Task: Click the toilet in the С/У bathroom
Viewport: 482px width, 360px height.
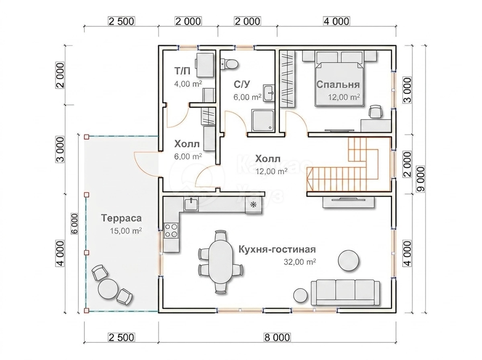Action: coord(229,64)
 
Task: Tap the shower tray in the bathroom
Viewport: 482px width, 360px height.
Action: coord(263,121)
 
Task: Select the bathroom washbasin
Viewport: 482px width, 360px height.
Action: coord(269,93)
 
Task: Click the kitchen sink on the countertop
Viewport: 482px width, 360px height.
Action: coord(191,204)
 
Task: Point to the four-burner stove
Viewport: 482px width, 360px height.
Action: coord(171,231)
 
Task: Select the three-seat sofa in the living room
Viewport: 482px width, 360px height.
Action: coord(345,292)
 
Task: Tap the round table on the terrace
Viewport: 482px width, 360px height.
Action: coord(108,288)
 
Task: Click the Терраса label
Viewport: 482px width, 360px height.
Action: coord(121,218)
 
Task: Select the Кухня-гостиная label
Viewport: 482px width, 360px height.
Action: coord(277,250)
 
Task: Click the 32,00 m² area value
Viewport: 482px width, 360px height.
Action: coord(300,262)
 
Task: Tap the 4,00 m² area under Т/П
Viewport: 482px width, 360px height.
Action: coord(188,84)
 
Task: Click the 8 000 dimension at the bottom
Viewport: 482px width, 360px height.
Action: coord(277,337)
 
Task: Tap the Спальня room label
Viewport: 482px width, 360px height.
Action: coord(338,84)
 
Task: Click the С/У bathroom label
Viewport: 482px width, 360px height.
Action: coord(242,84)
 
